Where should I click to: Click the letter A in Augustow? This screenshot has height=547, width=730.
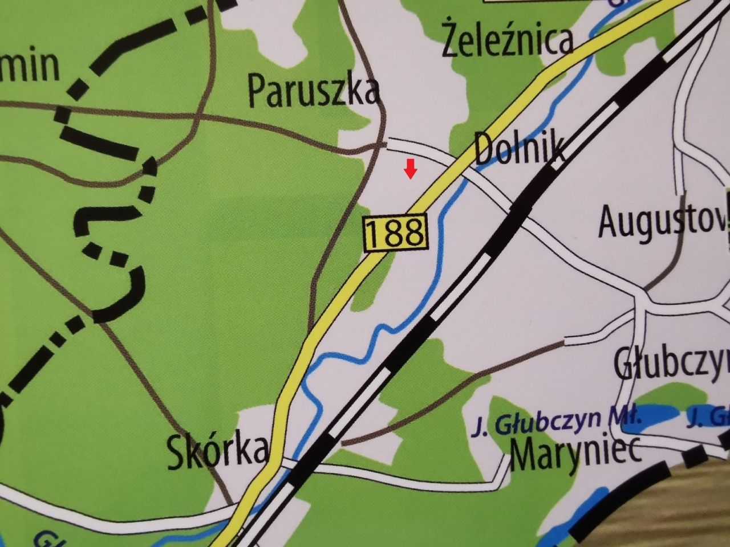609,222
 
